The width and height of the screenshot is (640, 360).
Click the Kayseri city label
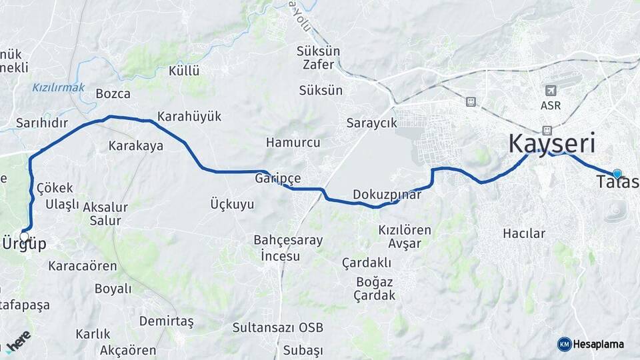(x=551, y=143)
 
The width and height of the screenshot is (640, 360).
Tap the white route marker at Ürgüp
(x=25, y=236)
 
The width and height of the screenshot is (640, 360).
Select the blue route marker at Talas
(x=617, y=174)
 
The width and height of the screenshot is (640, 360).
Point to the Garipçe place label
(x=278, y=179)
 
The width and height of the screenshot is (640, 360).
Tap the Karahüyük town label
(x=189, y=117)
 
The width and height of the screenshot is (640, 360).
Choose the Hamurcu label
(x=293, y=143)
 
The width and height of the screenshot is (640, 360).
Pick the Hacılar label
(x=524, y=233)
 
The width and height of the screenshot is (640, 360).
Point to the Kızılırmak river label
(x=58, y=87)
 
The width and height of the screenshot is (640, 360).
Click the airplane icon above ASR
(x=551, y=91)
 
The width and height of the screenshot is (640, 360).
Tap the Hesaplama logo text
(x=598, y=344)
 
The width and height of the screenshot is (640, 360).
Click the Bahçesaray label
(x=288, y=240)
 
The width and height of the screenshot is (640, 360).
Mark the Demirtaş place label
(x=166, y=321)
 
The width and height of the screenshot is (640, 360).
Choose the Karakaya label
(x=135, y=145)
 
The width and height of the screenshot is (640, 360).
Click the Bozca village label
(x=113, y=93)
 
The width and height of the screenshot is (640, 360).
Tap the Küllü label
(x=184, y=71)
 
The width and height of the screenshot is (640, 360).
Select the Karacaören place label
(x=83, y=266)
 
